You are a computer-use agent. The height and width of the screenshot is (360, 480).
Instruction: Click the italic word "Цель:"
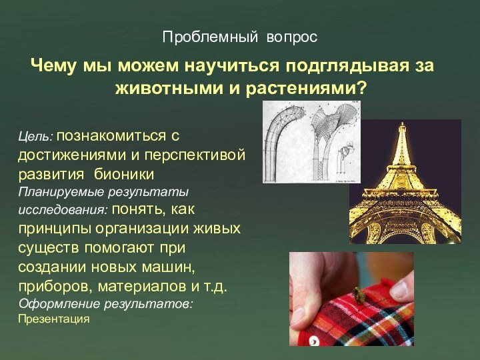click(x=35, y=137)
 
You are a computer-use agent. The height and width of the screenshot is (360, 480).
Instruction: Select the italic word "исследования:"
click(x=63, y=211)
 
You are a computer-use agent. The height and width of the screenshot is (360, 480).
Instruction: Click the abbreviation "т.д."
click(x=214, y=287)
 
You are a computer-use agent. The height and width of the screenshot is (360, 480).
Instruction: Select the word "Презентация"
click(x=54, y=319)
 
